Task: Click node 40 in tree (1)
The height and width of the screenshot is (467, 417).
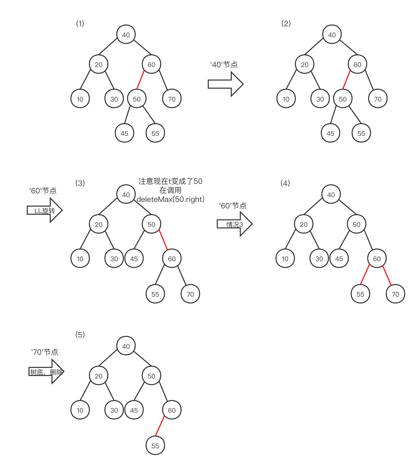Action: pyautogui.click(x=126, y=35)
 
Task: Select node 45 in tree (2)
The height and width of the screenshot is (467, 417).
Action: pyautogui.click(x=330, y=133)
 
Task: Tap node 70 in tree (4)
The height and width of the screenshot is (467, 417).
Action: pyautogui.click(x=395, y=294)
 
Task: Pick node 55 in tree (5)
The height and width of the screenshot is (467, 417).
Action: pyautogui.click(x=155, y=445)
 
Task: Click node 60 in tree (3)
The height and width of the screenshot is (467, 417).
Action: pyautogui.click(x=171, y=259)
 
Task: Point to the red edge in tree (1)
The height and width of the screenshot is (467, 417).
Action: pyautogui.click(x=140, y=80)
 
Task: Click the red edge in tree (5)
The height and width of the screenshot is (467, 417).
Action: pyautogui.click(x=160, y=426)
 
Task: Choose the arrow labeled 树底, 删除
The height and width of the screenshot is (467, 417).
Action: pyautogui.click(x=46, y=372)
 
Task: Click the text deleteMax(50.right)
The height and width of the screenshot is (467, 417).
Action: pyautogui.click(x=170, y=199)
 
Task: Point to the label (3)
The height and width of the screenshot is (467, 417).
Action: pyautogui.click(x=80, y=183)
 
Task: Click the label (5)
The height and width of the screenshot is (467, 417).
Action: pyautogui.click(x=80, y=335)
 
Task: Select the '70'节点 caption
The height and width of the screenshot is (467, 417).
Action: pyautogui.click(x=44, y=352)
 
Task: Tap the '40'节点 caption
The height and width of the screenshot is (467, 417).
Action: pyautogui.click(x=224, y=65)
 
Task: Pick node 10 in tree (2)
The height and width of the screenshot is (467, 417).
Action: pyautogui.click(x=286, y=99)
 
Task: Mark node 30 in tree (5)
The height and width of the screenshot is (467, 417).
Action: pyautogui.click(x=114, y=410)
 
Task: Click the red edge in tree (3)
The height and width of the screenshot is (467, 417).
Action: pyautogui.click(x=163, y=240)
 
